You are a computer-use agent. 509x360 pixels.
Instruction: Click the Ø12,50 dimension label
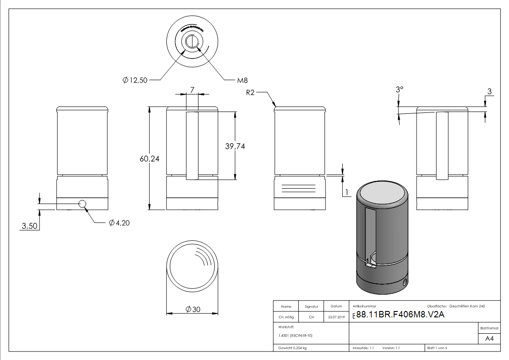(135, 80)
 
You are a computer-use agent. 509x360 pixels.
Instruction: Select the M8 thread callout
(242, 80)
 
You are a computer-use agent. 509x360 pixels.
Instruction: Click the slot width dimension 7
(192, 90)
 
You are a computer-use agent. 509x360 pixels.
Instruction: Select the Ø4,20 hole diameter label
(119, 223)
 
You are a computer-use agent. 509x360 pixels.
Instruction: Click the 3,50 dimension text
(29, 226)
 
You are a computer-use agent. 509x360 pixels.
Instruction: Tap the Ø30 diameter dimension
(193, 309)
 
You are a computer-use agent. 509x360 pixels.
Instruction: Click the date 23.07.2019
(336, 317)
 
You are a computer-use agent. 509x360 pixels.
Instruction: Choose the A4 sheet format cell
(489, 339)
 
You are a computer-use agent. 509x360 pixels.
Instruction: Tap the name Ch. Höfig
(286, 317)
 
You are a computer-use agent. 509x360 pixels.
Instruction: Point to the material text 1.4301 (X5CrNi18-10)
(296, 336)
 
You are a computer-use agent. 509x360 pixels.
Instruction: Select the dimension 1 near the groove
(347, 193)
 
